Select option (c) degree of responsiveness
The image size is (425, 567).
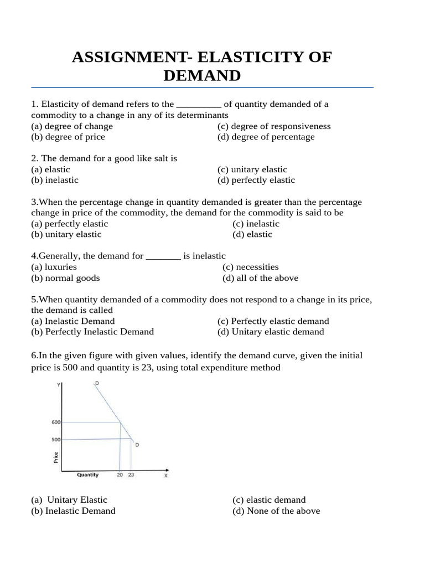coord(274,126)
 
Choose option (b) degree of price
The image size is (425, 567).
coord(68,137)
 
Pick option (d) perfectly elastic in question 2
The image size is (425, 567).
coord(256,180)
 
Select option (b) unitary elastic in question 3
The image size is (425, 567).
coord(66,234)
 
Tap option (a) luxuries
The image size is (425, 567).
coord(54,267)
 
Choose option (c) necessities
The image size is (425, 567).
coord(250,267)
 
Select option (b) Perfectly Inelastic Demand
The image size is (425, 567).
coord(92,332)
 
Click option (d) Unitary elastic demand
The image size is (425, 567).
coord(271,332)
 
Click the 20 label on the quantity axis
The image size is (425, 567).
coord(120,475)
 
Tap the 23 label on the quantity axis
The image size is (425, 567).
coord(131,475)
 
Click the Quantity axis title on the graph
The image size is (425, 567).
coord(87,475)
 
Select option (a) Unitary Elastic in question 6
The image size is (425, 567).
coord(69,499)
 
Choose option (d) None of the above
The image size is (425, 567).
coord(276,511)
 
